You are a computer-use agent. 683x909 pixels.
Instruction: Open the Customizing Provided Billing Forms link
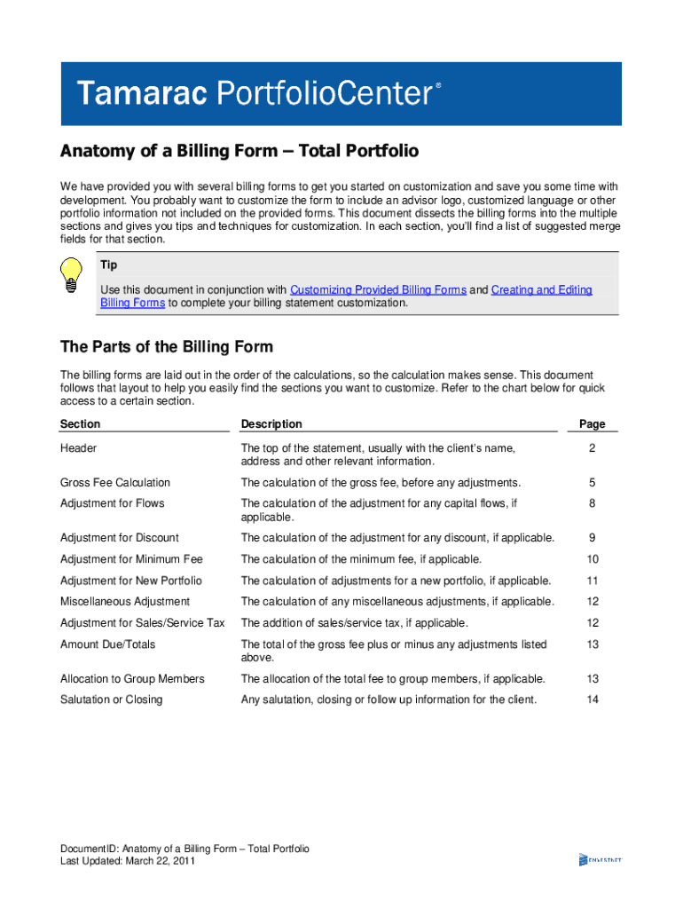click(378, 290)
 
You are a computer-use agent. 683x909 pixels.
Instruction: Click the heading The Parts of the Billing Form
click(166, 346)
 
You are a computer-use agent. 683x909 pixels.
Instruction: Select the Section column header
click(80, 424)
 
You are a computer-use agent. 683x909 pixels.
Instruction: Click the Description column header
click(271, 424)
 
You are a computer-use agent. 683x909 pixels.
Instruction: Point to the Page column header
click(592, 424)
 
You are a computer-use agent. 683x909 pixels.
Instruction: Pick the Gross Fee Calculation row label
click(114, 483)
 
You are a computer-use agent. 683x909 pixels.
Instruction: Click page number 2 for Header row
click(592, 448)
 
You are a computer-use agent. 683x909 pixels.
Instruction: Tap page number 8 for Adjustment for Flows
click(592, 503)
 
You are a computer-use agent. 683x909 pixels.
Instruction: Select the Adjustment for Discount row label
click(119, 538)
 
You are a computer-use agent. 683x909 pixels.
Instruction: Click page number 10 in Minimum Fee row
click(592, 559)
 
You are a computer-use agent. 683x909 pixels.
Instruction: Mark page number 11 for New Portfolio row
click(592, 581)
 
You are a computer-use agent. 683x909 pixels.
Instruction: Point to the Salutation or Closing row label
click(111, 700)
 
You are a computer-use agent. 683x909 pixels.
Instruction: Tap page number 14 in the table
click(592, 700)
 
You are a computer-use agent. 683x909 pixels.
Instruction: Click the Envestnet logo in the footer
click(600, 859)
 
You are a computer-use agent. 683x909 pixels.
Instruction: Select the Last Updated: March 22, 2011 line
click(127, 861)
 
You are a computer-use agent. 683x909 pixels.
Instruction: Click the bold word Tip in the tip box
click(108, 265)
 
